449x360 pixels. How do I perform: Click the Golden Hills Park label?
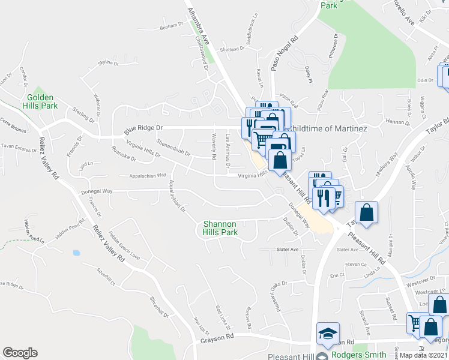[x=40, y=102]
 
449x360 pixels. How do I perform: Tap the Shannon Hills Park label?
[x=220, y=227]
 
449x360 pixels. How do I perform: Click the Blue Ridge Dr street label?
[x=143, y=128]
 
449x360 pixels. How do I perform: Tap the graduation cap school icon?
[x=328, y=334]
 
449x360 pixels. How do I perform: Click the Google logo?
[x=20, y=353]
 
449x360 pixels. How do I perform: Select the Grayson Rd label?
[x=217, y=345]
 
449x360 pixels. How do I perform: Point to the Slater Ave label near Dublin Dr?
[x=287, y=249]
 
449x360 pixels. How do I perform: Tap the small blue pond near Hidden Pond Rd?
[x=76, y=253]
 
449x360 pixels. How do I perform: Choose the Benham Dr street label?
[x=170, y=25]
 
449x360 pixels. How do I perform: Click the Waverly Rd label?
[x=214, y=146]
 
